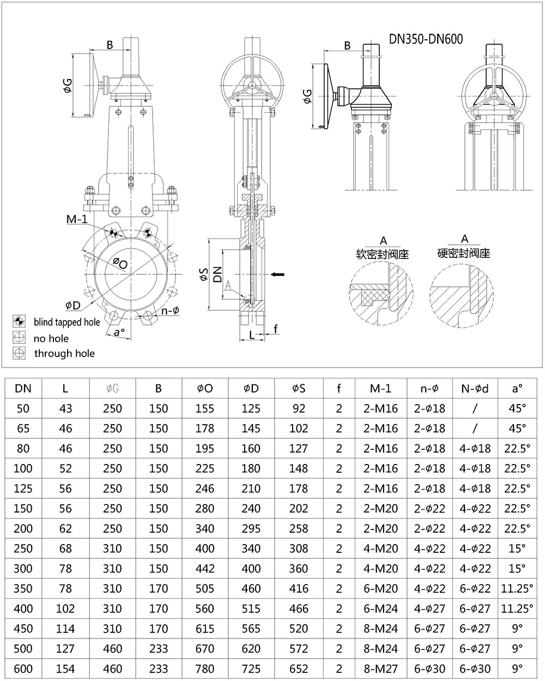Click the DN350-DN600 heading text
click(x=426, y=39)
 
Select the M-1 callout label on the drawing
click(x=77, y=220)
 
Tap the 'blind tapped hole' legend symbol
click(x=20, y=322)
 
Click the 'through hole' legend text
click(x=64, y=353)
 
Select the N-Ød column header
click(x=475, y=388)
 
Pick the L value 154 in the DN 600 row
click(x=65, y=668)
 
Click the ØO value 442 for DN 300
click(x=204, y=568)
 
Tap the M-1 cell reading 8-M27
click(x=380, y=668)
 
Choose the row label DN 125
click(x=23, y=489)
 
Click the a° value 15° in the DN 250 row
click(x=517, y=548)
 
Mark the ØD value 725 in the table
click(x=251, y=668)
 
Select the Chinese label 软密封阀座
click(x=382, y=254)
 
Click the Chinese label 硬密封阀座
click(x=464, y=253)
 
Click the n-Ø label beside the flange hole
click(x=170, y=311)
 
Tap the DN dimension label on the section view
click(x=217, y=274)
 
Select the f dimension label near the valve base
click(x=276, y=328)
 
